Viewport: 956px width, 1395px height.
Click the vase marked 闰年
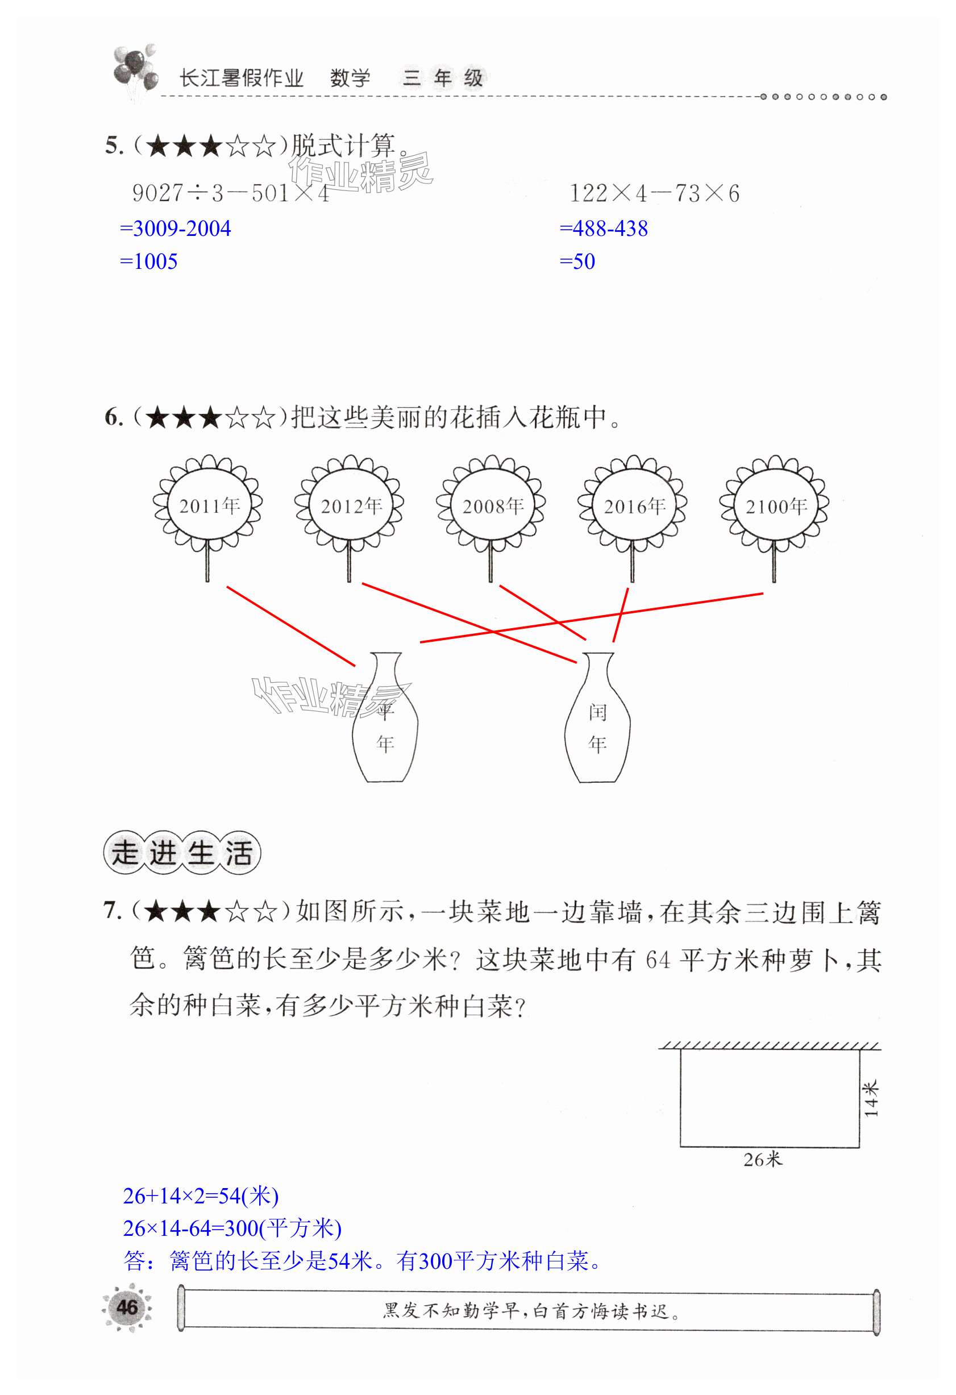(x=598, y=720)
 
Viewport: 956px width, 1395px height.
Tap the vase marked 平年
(x=385, y=720)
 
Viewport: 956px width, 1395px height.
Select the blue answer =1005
(x=149, y=261)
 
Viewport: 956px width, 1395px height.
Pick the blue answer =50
(x=577, y=261)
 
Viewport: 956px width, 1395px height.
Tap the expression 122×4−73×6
(x=654, y=193)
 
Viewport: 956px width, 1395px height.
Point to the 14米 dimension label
(x=871, y=1098)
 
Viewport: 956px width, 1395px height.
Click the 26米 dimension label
(x=763, y=1159)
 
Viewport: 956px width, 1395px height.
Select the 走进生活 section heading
(x=182, y=853)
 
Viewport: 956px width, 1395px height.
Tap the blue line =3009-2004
(x=175, y=229)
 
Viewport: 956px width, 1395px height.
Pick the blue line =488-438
(x=604, y=229)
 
